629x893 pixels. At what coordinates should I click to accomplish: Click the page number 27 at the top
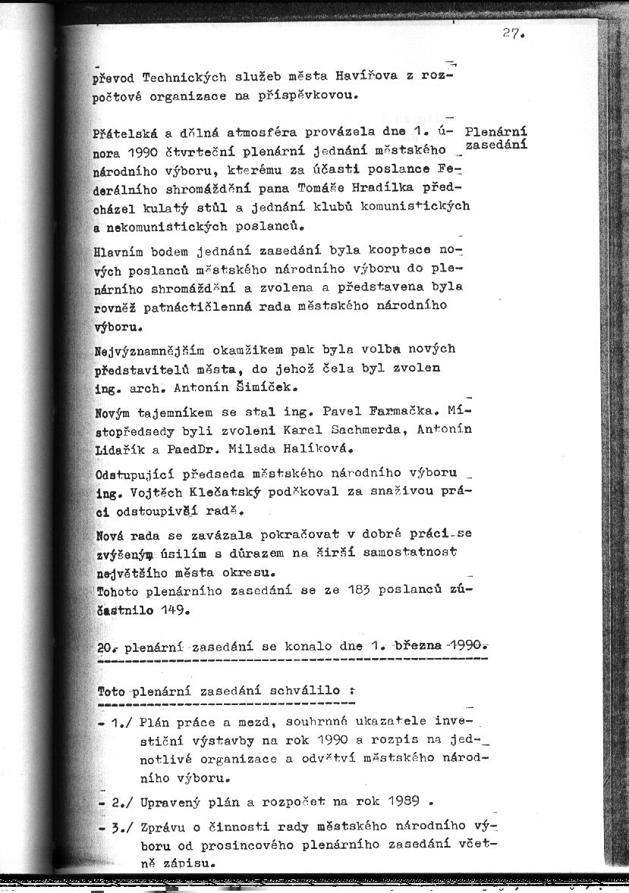click(x=513, y=33)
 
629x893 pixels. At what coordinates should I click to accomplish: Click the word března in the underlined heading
click(x=414, y=647)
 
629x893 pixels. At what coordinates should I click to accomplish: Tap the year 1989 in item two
click(x=399, y=802)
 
